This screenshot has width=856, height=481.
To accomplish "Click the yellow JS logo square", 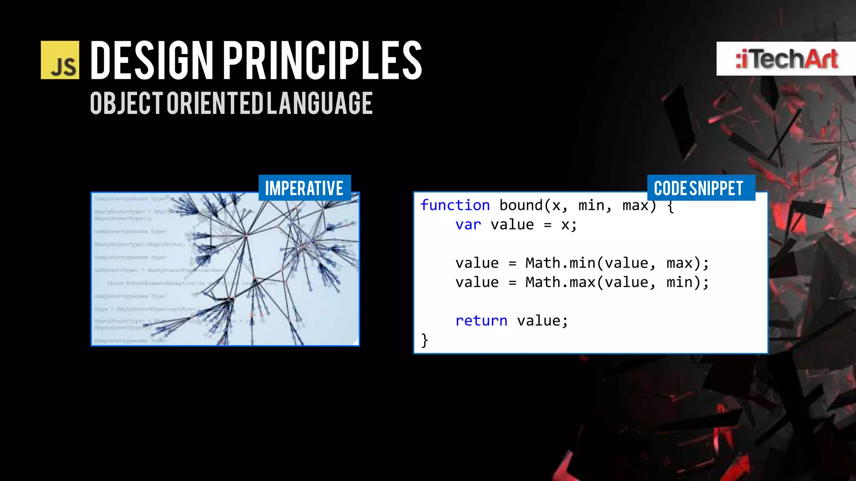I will pyautogui.click(x=60, y=60).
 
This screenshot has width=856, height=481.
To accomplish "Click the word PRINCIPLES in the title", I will pyautogui.click(x=322, y=60).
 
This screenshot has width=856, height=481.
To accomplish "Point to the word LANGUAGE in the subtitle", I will pyautogui.click(x=320, y=103).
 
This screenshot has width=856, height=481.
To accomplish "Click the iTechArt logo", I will pyautogui.click(x=786, y=59).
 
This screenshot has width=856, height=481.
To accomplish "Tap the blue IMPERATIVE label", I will pyautogui.click(x=304, y=188).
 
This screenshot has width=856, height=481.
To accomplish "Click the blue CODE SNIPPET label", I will pyautogui.click(x=698, y=188).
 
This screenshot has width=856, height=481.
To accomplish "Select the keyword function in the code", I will pyautogui.click(x=455, y=205).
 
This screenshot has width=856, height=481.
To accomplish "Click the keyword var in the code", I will pyautogui.click(x=468, y=225).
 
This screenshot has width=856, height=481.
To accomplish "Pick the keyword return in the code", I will pyautogui.click(x=481, y=321).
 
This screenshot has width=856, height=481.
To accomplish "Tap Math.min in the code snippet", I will pyautogui.click(x=560, y=263).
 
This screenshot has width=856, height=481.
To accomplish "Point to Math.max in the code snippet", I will pyautogui.click(x=560, y=283).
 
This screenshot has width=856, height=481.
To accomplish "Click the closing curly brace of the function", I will pyautogui.click(x=425, y=340).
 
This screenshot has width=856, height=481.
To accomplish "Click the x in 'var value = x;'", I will pyautogui.click(x=565, y=225).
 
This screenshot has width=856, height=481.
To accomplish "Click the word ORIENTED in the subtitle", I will pyautogui.click(x=215, y=103).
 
